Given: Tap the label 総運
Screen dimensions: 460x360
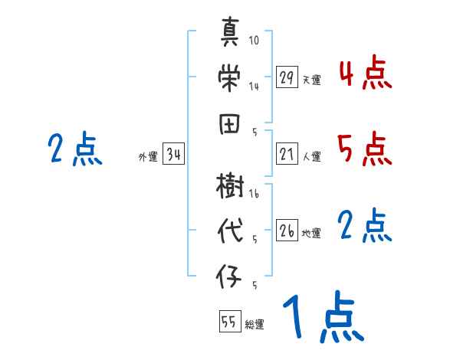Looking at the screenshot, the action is click(255, 324).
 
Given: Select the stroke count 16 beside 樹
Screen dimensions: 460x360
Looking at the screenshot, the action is click(254, 195).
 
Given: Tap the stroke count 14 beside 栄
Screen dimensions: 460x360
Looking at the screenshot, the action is click(254, 87).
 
